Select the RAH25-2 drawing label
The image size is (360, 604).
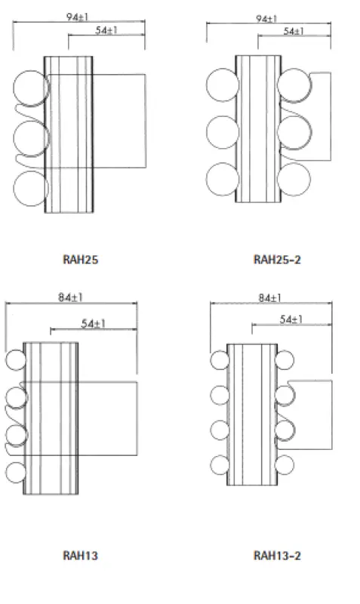tap(277, 260)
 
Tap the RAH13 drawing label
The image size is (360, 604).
tap(80, 556)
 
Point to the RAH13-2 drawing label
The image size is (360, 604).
tap(277, 556)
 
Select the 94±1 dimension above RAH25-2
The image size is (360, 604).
tap(266, 18)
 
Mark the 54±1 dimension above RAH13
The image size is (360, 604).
tap(93, 324)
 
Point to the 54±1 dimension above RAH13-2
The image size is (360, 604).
tap(291, 319)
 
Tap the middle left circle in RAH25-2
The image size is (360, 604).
tap(222, 132)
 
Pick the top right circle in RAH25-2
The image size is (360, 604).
tap(294, 85)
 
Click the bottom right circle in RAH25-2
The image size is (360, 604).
tap(294, 180)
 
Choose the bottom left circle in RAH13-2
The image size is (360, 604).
tap(219, 464)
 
